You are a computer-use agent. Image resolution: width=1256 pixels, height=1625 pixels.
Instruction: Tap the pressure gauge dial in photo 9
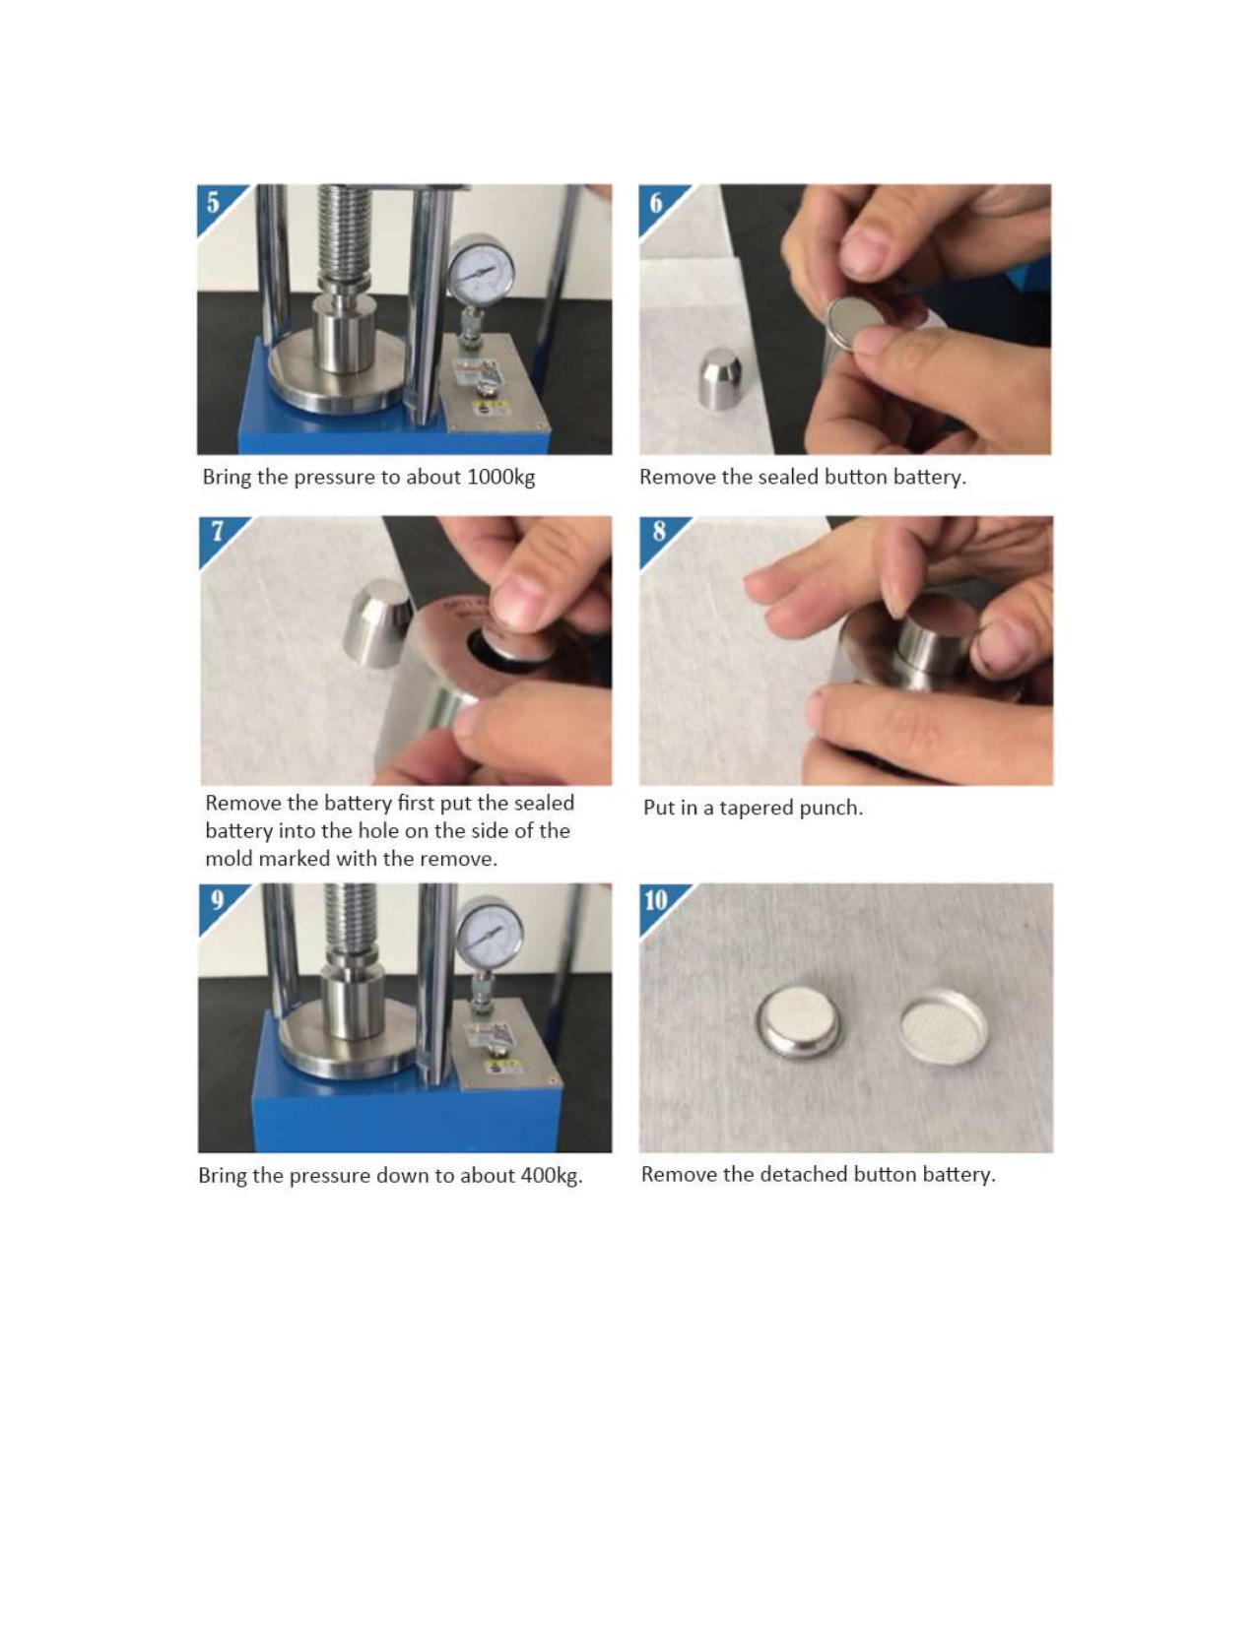[490, 935]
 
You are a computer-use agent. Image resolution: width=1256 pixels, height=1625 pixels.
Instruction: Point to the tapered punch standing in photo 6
[720, 378]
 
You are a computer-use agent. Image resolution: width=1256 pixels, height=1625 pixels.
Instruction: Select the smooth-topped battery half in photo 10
[798, 1023]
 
